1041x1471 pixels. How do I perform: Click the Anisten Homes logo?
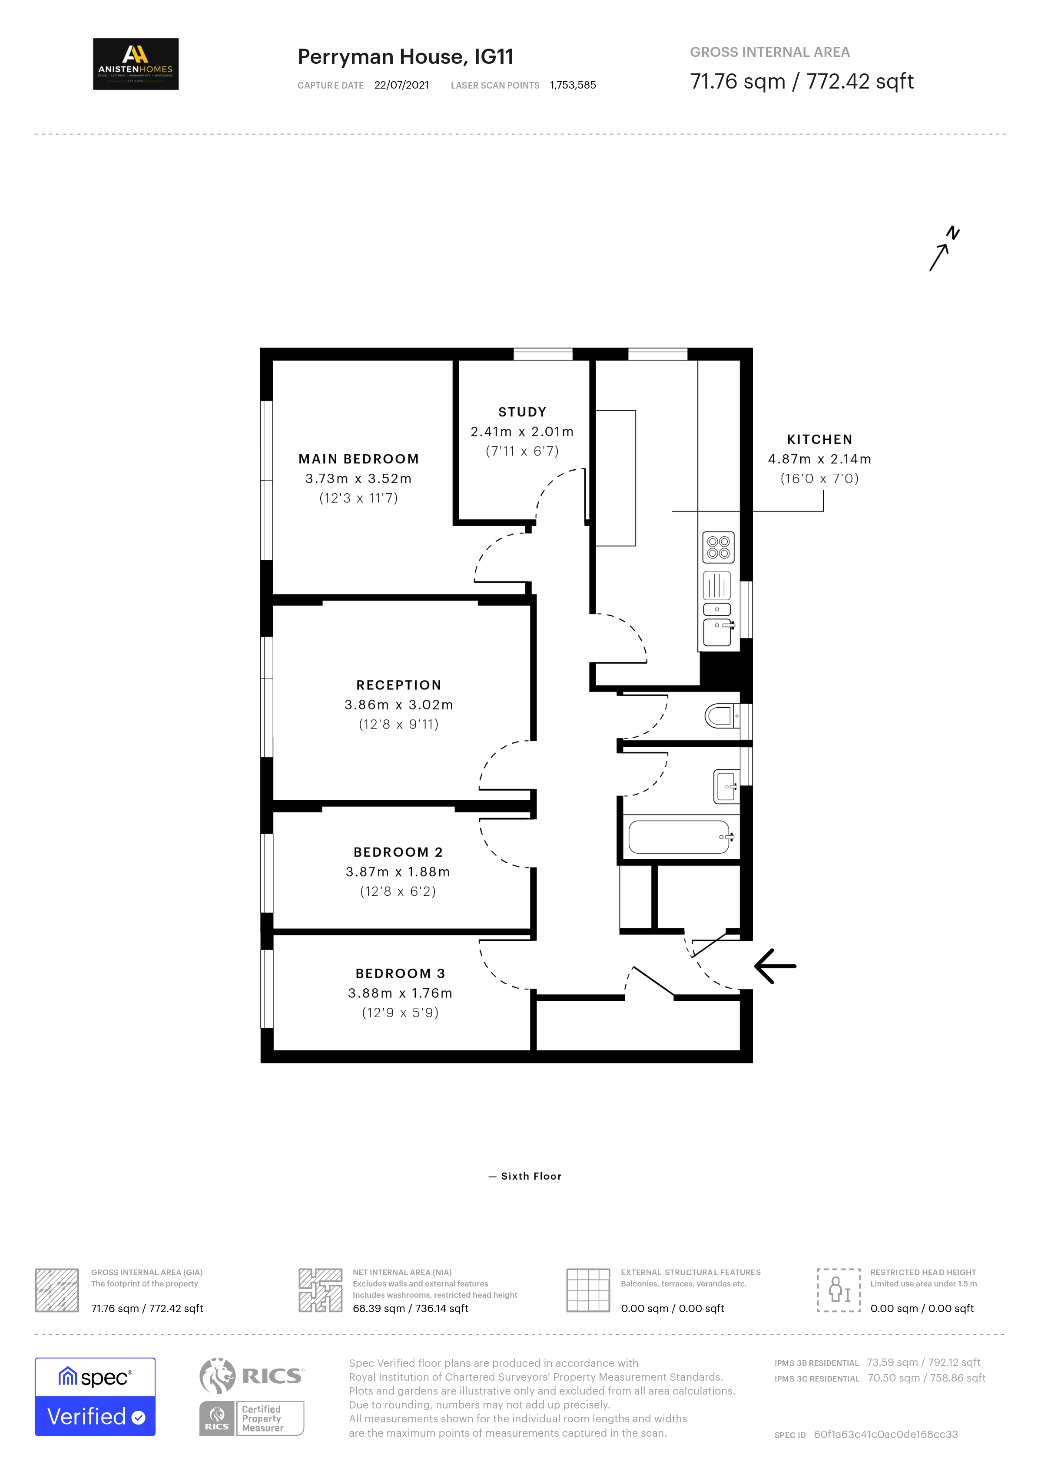[x=136, y=64]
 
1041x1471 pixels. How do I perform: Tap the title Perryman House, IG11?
[x=406, y=57]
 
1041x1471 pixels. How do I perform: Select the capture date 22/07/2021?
[x=402, y=85]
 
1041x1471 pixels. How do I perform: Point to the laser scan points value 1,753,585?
[x=573, y=85]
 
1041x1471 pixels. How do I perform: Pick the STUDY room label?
[x=522, y=412]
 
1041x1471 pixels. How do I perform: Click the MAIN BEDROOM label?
[x=359, y=459]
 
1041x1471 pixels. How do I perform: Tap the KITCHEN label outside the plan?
[x=820, y=439]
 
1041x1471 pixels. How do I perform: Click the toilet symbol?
[x=723, y=716]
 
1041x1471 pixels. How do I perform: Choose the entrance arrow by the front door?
[x=775, y=966]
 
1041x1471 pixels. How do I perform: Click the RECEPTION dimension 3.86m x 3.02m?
[x=399, y=705]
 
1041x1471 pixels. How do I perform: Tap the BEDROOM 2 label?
[x=398, y=852]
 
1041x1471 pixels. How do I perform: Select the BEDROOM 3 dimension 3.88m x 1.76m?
[x=400, y=993]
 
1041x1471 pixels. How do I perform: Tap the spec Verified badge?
[x=95, y=1397]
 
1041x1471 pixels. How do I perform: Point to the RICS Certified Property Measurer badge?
[x=251, y=1397]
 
